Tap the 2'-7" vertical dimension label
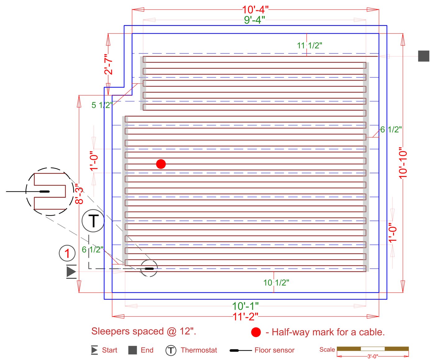[x=108, y=64]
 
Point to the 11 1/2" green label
[x=309, y=46]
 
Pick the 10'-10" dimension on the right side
[x=403, y=163]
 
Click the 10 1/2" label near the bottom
[x=276, y=283]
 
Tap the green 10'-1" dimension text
[x=245, y=306]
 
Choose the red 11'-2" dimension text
[x=245, y=317]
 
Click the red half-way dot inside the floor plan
[x=161, y=164]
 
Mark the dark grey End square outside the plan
[x=424, y=56]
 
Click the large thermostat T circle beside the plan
[x=93, y=221]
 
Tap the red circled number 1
[x=67, y=253]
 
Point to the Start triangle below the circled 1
[x=71, y=272]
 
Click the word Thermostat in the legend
[x=199, y=350]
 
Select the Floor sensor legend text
[x=274, y=350]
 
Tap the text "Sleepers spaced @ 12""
[x=144, y=331]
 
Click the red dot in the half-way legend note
[x=256, y=332]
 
